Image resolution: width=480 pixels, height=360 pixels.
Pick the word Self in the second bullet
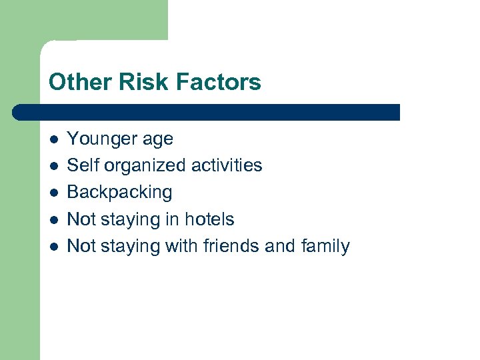click(x=79, y=165)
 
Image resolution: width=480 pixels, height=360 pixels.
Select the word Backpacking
click(x=120, y=193)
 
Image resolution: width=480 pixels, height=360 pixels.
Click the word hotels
click(x=209, y=219)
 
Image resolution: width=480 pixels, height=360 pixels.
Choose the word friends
click(x=231, y=246)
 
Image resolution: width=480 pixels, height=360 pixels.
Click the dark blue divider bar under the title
click(x=207, y=112)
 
